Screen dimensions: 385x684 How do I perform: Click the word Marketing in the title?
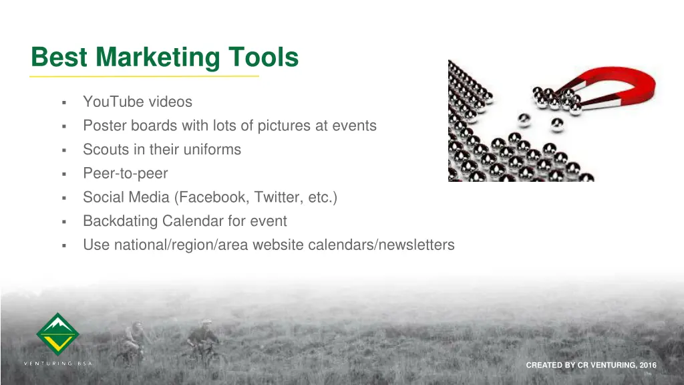(x=157, y=57)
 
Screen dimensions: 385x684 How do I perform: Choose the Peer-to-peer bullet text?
(x=125, y=174)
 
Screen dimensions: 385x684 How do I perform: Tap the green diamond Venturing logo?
(x=57, y=334)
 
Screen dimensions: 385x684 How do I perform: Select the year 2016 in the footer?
(x=648, y=365)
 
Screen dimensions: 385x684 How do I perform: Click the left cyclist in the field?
(x=134, y=341)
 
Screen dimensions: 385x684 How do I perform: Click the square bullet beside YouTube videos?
(x=63, y=103)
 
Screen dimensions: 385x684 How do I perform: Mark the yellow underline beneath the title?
(x=144, y=77)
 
